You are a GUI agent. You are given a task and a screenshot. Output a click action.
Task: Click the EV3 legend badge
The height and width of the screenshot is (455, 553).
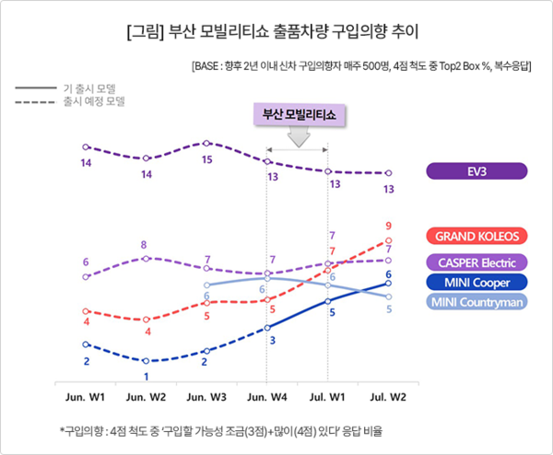pos(477,170)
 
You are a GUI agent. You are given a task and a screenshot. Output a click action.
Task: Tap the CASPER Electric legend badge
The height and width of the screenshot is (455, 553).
pos(477,262)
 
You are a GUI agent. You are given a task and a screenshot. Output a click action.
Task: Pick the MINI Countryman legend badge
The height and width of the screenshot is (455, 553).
pos(477,302)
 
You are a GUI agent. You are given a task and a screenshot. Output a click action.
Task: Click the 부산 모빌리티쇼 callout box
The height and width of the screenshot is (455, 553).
pos(298,115)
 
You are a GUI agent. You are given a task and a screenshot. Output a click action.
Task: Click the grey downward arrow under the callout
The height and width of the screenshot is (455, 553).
pos(298,136)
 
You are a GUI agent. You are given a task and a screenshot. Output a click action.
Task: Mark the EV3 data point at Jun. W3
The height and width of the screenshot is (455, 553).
pos(206,143)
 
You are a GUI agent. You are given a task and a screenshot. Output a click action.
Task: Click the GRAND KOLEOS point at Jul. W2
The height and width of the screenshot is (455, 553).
pos(388,240)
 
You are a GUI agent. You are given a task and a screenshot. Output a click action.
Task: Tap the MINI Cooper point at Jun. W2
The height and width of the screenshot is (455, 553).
pos(146,361)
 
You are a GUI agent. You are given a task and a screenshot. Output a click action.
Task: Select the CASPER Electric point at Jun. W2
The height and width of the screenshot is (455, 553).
pos(146,258)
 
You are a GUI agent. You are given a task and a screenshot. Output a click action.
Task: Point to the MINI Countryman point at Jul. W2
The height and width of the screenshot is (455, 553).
pos(388,297)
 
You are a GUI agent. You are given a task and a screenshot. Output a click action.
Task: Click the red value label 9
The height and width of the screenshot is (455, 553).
pos(389,226)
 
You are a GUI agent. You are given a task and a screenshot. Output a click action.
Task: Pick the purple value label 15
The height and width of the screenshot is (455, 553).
pos(206,159)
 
